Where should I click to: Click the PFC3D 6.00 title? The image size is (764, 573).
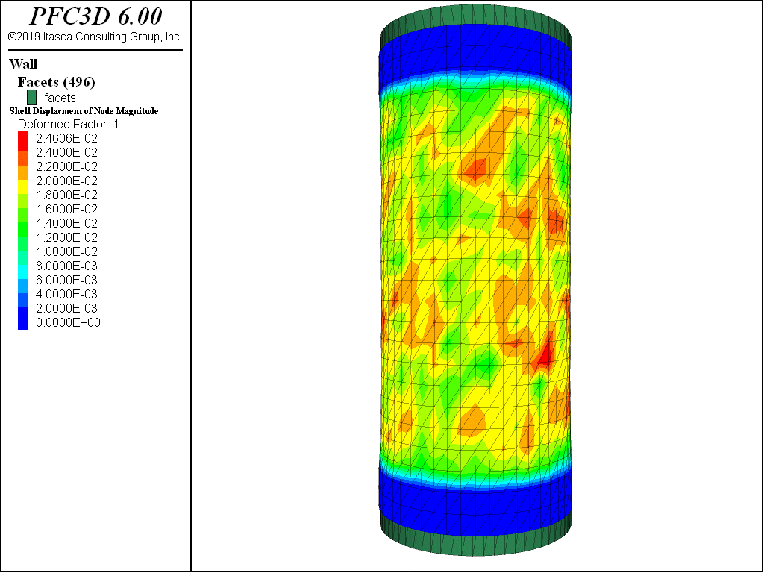pyautogui.click(x=95, y=16)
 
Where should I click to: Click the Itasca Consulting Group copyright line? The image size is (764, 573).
pyautogui.click(x=95, y=37)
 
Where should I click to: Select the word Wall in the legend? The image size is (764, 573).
pyautogui.click(x=23, y=64)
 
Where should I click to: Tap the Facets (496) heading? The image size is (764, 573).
pyautogui.click(x=57, y=82)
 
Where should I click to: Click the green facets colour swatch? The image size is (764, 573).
pyautogui.click(x=31, y=98)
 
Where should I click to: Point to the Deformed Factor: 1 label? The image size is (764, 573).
pyautogui.click(x=68, y=125)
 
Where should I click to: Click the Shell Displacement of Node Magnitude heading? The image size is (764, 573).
pyautogui.click(x=84, y=111)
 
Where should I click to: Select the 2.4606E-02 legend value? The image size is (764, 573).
pyautogui.click(x=66, y=138)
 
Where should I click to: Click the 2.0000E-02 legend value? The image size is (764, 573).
pyautogui.click(x=66, y=181)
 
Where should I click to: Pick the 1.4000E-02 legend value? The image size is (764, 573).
pyautogui.click(x=66, y=223)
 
